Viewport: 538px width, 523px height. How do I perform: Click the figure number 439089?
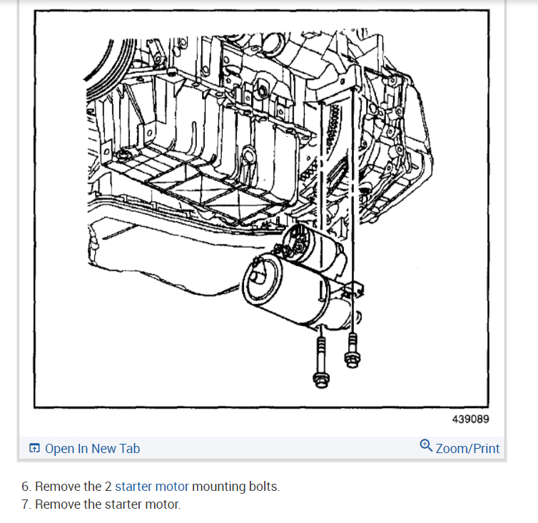(x=470, y=420)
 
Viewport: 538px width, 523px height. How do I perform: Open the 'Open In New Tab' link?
(x=92, y=449)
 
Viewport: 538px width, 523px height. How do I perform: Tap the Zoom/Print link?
(x=467, y=449)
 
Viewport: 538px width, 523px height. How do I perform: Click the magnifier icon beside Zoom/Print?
(x=426, y=447)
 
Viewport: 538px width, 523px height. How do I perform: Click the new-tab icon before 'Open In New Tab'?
(x=34, y=449)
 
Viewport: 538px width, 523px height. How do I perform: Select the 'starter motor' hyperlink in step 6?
(x=152, y=487)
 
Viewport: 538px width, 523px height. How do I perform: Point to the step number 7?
(x=25, y=504)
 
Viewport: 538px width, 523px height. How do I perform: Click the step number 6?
(x=25, y=487)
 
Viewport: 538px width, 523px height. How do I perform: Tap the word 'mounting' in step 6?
(x=218, y=487)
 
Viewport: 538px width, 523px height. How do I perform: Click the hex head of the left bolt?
(x=320, y=380)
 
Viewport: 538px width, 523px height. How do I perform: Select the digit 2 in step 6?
(x=108, y=487)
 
